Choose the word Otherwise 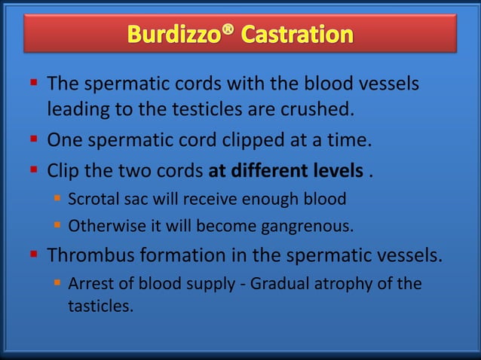(x=103, y=226)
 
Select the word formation (x=188, y=255)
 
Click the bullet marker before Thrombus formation (x=35, y=255)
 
